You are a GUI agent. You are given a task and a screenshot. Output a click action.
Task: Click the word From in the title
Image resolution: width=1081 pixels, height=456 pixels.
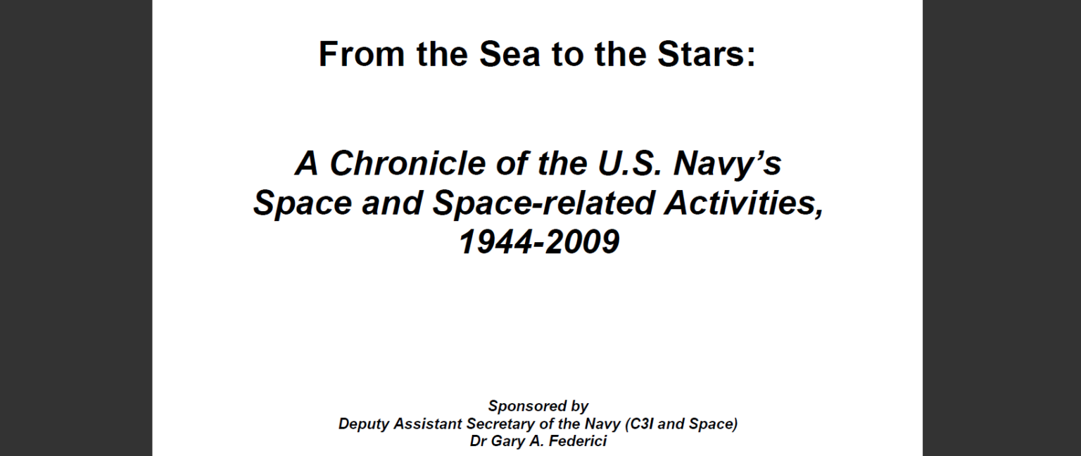tap(362, 53)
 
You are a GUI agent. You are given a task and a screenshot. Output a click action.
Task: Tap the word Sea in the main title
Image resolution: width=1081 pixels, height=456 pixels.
tap(510, 53)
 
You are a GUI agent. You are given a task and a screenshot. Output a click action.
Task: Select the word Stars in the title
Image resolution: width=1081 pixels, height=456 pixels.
tap(702, 53)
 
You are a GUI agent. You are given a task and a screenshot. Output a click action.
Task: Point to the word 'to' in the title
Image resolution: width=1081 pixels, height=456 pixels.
tap(567, 53)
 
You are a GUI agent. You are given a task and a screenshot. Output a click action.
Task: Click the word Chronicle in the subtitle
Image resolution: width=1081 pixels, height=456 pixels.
tap(407, 163)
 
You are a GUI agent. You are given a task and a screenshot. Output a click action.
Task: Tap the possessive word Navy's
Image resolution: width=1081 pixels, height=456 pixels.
tap(727, 164)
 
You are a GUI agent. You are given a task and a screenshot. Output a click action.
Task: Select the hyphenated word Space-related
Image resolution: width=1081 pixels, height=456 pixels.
tap(543, 203)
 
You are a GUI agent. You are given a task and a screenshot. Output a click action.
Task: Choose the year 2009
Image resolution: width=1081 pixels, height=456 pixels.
tap(582, 242)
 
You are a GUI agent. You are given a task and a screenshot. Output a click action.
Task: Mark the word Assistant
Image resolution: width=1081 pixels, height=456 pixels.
tap(428, 424)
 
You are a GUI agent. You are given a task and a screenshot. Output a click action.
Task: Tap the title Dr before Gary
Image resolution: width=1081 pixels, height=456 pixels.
tap(479, 441)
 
